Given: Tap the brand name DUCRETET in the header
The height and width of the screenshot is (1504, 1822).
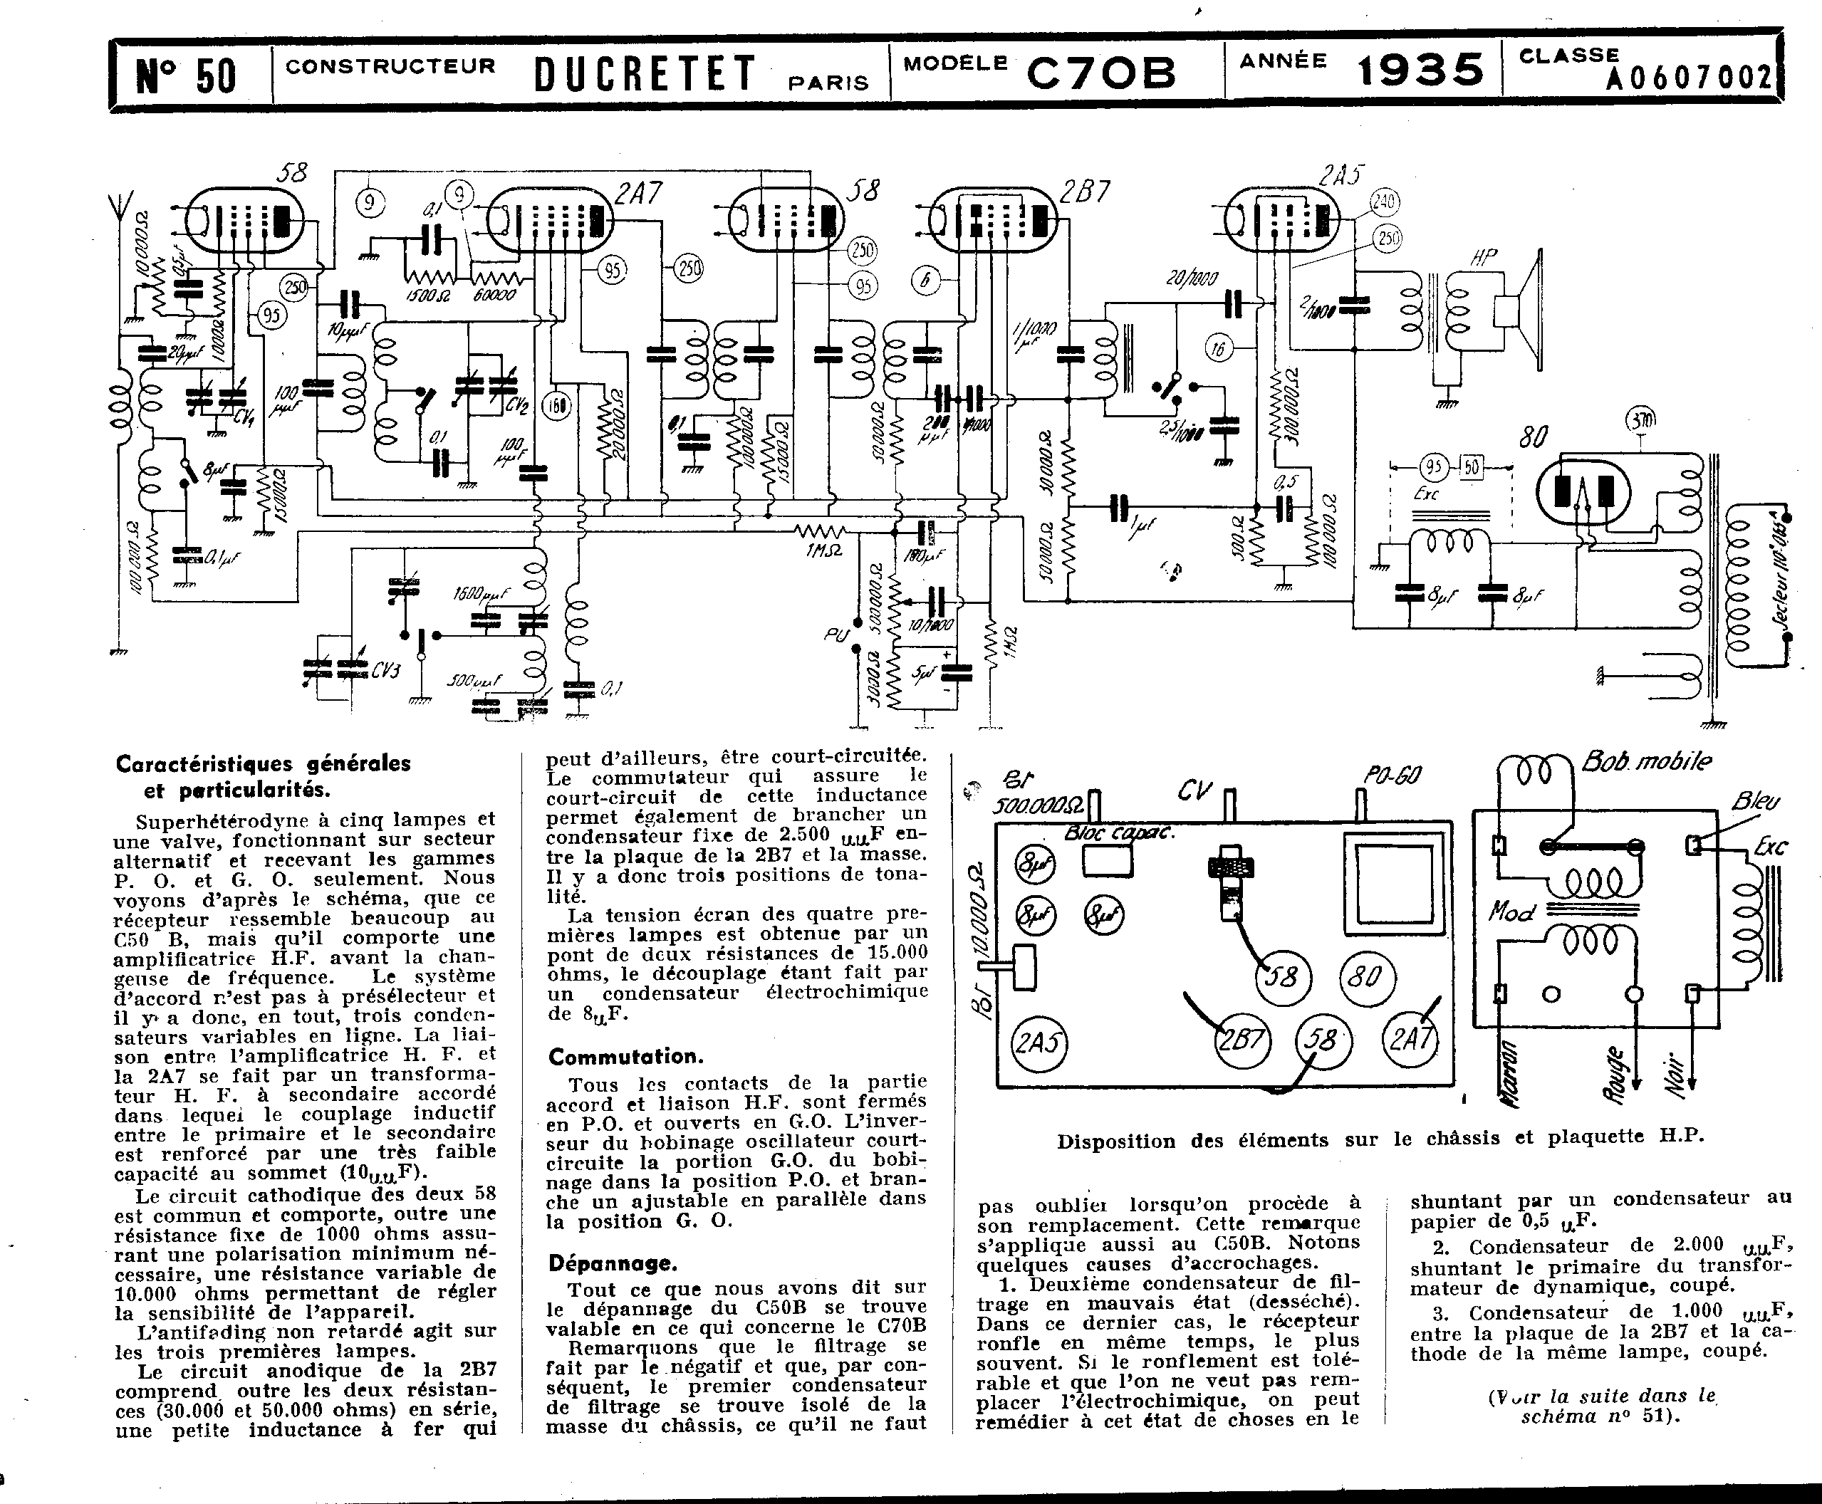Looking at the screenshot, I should tap(645, 73).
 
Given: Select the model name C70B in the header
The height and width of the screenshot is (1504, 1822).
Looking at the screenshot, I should tap(1100, 73).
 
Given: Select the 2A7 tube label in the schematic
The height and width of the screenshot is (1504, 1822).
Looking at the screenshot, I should tap(640, 193).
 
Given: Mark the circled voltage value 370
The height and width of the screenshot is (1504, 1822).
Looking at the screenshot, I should tap(1640, 421).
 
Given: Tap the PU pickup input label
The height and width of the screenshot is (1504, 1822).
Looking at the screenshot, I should tap(835, 635).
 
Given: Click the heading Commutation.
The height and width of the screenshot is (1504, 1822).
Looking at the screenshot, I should tap(625, 1057).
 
